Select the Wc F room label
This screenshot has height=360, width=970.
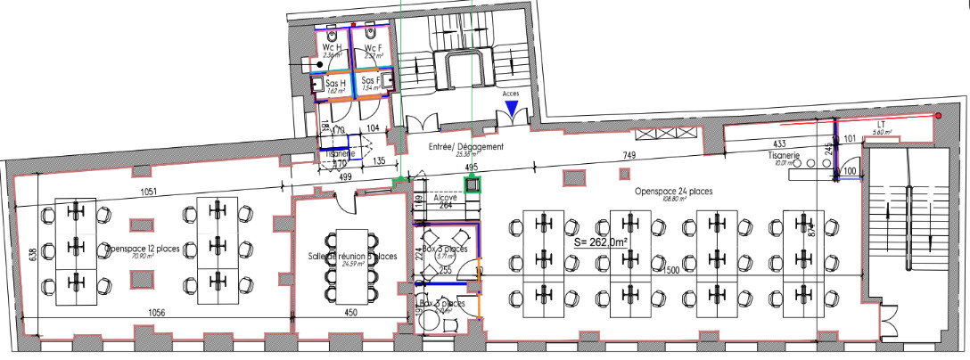(374, 47)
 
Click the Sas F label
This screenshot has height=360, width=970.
(371, 81)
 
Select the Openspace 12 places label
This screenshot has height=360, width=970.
(143, 248)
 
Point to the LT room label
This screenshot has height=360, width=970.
(879, 125)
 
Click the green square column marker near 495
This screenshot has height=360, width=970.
(471, 184)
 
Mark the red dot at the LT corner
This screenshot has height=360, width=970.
(939, 116)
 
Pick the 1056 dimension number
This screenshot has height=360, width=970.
(157, 313)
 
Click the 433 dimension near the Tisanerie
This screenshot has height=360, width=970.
(779, 143)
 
